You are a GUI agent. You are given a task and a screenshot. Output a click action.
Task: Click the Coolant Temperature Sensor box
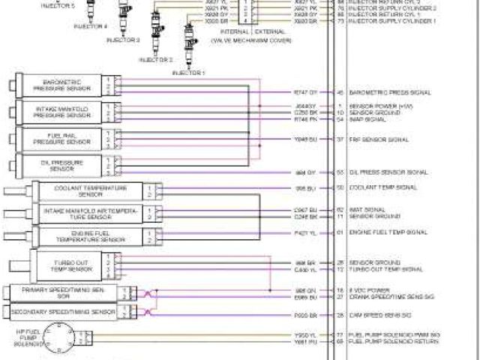(91, 190)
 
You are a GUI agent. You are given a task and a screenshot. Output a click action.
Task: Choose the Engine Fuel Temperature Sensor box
(91, 237)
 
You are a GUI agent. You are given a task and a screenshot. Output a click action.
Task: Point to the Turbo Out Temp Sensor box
(73, 265)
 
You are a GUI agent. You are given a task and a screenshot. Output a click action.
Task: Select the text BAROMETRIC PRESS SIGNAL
(389, 92)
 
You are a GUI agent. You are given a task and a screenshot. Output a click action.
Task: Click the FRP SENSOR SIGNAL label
(379, 139)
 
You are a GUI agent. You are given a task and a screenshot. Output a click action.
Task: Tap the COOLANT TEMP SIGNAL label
(382, 187)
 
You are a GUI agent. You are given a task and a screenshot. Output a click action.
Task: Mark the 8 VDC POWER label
(367, 289)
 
